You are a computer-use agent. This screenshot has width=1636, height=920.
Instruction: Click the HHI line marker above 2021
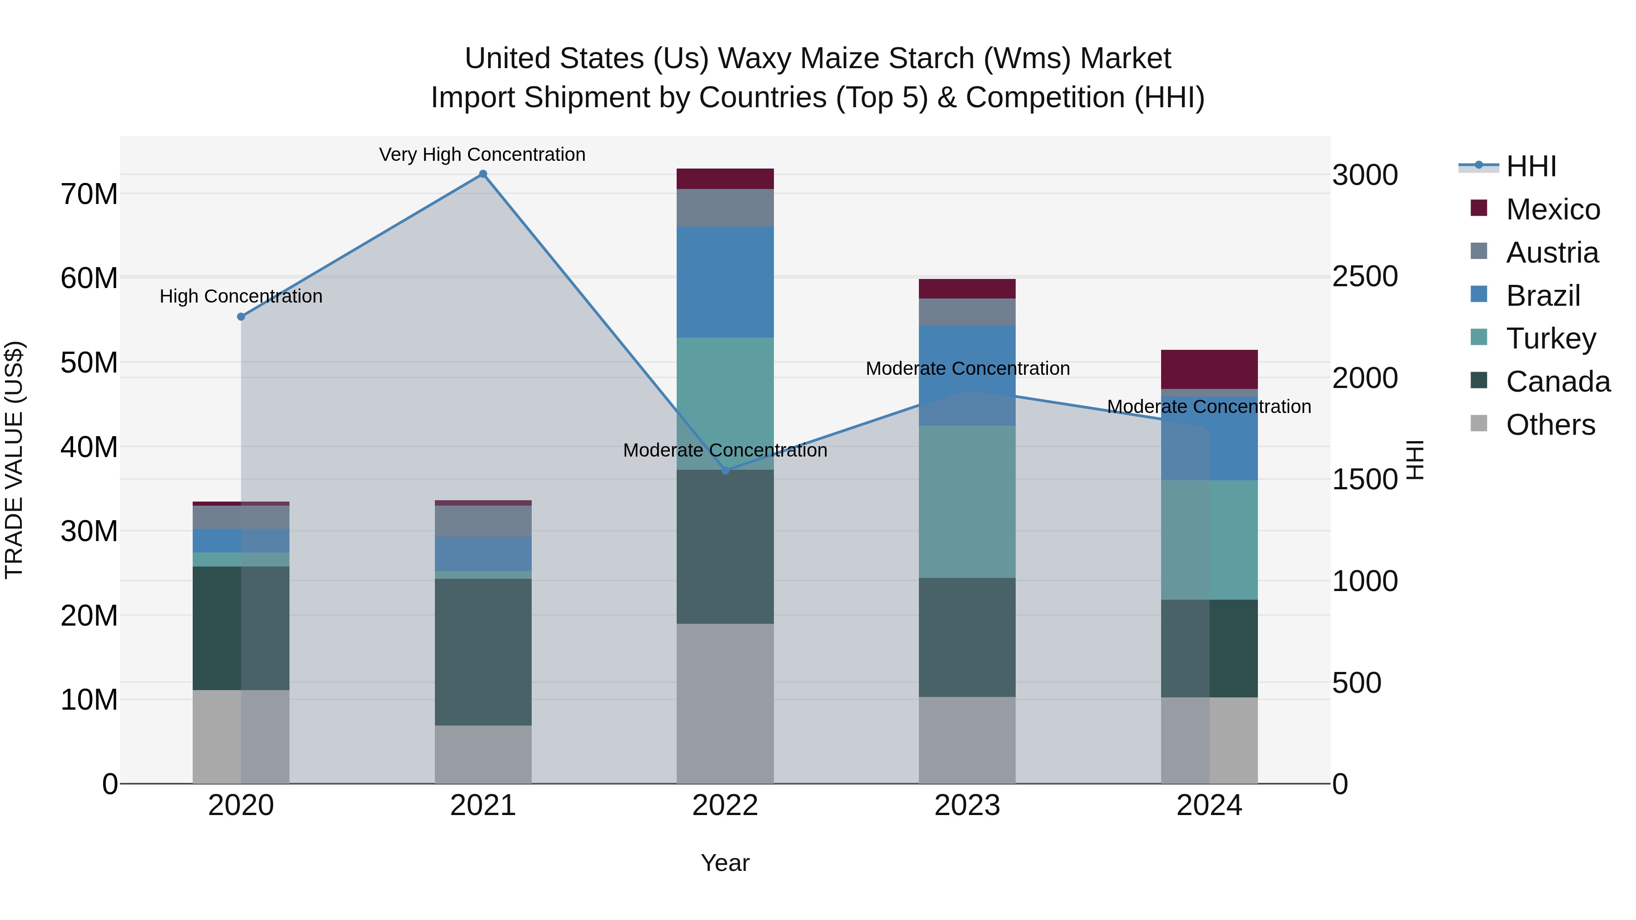483,174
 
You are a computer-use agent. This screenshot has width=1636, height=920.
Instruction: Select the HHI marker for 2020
241,317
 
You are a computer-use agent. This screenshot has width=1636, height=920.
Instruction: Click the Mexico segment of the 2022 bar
725,179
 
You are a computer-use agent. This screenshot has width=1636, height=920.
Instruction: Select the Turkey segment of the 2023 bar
967,502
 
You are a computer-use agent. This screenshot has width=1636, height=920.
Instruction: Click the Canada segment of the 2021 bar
483,651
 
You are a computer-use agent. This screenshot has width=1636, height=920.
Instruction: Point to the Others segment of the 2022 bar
725,703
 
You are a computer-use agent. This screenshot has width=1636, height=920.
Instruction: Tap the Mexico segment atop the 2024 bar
1209,369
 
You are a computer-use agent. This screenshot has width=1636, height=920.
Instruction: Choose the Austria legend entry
1551,253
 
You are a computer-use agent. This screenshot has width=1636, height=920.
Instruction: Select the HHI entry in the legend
1531,166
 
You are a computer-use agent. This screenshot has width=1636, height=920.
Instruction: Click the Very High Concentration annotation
482,154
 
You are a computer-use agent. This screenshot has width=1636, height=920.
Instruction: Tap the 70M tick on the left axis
89,194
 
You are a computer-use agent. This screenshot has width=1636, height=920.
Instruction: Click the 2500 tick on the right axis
1365,277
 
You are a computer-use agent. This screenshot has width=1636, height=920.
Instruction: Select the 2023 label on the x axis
967,806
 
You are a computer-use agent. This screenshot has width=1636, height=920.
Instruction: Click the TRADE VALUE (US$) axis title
14,460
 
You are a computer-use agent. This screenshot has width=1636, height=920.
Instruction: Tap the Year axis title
725,863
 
